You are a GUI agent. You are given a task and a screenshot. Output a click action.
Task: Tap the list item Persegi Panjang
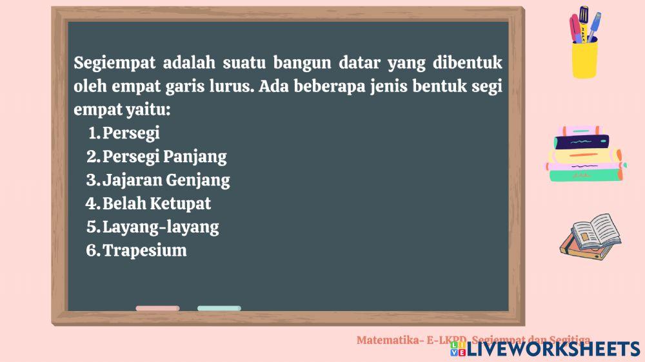click(164, 157)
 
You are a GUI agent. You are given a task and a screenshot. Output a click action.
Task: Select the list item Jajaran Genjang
click(166, 180)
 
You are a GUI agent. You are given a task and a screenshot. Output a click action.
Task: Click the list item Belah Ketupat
click(157, 204)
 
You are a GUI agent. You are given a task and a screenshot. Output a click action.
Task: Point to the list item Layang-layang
click(161, 227)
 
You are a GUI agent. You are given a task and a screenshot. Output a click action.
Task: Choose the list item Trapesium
click(144, 251)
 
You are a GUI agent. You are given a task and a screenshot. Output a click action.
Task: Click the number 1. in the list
click(94, 133)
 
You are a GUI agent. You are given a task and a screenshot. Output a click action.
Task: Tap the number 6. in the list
click(93, 251)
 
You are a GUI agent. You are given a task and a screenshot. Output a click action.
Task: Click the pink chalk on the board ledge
click(157, 309)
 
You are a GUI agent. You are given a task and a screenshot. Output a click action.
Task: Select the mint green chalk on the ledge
click(219, 309)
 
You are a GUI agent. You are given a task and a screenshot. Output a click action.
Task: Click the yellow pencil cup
click(584, 58)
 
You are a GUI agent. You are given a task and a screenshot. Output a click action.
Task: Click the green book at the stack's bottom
click(586, 173)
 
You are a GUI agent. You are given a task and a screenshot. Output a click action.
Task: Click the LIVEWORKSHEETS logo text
click(553, 349)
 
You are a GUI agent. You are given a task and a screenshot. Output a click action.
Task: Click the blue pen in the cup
click(593, 26)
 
